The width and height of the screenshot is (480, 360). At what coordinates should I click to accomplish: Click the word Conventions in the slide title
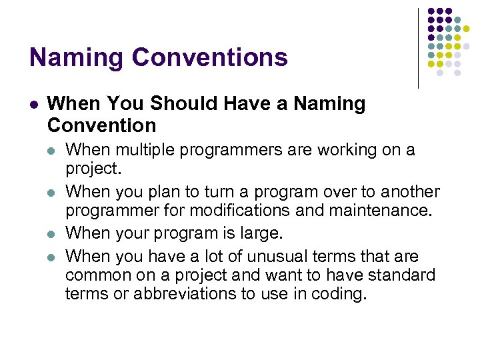(x=210, y=57)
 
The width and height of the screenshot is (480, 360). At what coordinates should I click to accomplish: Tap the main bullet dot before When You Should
(x=34, y=105)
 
